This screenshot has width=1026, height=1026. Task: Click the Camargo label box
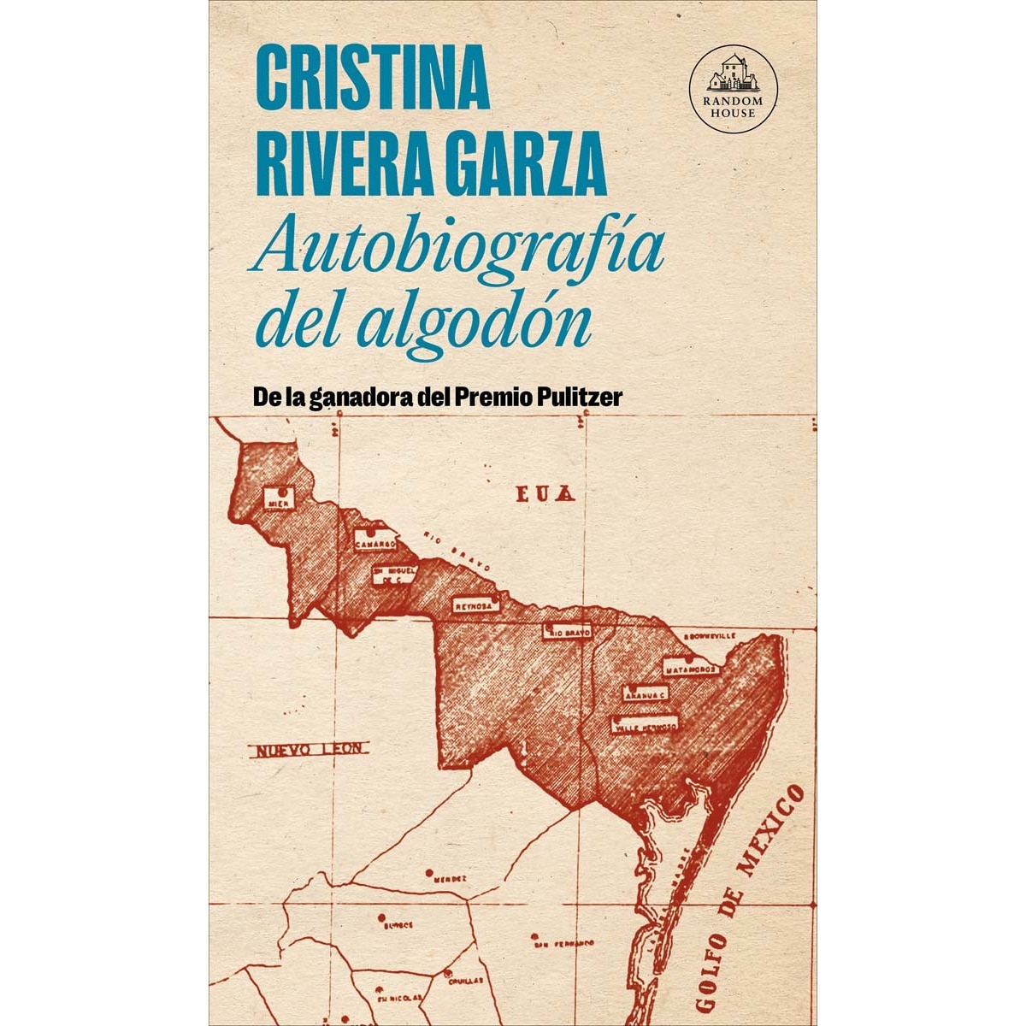[x=376, y=542]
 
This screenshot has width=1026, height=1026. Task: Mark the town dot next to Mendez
[x=427, y=874]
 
